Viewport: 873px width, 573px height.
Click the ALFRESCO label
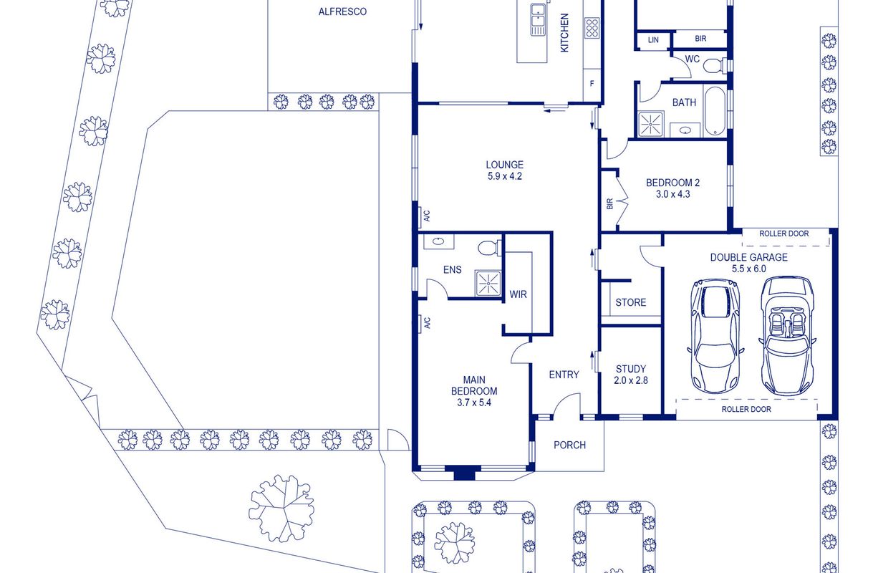click(x=342, y=11)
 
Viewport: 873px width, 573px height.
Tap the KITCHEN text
click(x=564, y=33)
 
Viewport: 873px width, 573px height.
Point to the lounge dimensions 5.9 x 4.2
click(x=505, y=176)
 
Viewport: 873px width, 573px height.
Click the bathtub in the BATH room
click(x=715, y=111)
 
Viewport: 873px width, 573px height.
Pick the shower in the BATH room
click(x=650, y=125)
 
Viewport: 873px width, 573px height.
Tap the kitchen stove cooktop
click(x=592, y=28)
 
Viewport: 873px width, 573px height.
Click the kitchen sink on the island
click(x=538, y=19)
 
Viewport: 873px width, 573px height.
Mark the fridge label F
click(x=592, y=83)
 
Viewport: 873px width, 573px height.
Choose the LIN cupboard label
click(x=653, y=40)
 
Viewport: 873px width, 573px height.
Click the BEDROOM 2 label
click(x=672, y=183)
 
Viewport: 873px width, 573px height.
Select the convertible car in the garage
click(x=787, y=336)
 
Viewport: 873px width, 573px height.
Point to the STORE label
click(x=631, y=302)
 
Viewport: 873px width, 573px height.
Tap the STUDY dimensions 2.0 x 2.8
click(x=631, y=380)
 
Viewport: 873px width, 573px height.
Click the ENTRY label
click(x=564, y=375)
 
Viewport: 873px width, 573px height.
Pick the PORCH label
click(x=569, y=445)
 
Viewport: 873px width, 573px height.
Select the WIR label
click(x=518, y=294)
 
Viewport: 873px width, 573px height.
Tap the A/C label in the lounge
click(x=427, y=216)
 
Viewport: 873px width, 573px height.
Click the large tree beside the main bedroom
click(x=281, y=509)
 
